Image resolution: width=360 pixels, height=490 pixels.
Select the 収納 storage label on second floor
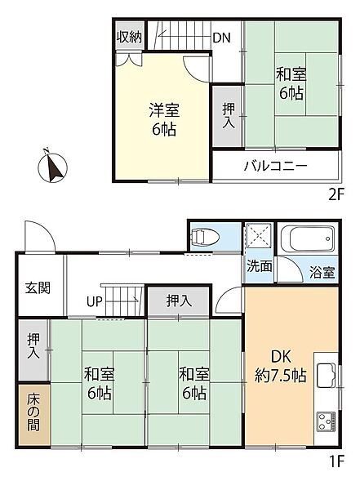[129, 38]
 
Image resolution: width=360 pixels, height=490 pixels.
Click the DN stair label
[221, 38]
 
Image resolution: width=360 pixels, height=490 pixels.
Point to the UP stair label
[95, 301]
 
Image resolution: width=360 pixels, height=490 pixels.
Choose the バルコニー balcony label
[274, 167]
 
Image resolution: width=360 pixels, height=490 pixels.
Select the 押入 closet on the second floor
[228, 113]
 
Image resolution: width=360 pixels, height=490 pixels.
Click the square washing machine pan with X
[257, 238]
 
